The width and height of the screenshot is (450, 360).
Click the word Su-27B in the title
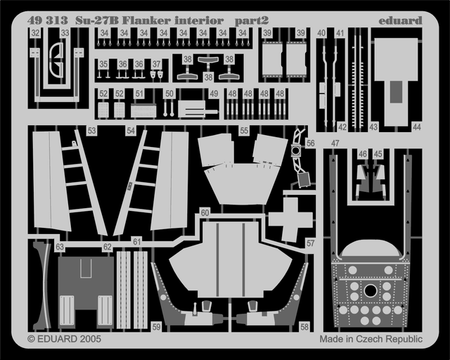coord(94,20)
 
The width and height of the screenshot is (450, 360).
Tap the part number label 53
coord(91,131)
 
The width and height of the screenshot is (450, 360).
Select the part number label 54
coord(130,131)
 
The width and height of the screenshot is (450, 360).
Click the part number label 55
coord(244,131)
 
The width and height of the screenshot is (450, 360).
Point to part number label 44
coord(416,127)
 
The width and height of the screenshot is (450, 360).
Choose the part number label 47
coord(335,143)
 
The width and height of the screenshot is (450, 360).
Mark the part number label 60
coord(205,212)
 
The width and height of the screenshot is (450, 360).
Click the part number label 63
coord(60,247)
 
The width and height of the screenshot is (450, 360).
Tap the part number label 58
coord(304,326)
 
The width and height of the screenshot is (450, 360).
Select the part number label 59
coord(155,326)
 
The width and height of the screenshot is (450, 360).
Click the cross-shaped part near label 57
coord(289,219)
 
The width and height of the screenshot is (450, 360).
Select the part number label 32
coord(34,32)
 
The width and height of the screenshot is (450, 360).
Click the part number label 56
coord(310,143)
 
